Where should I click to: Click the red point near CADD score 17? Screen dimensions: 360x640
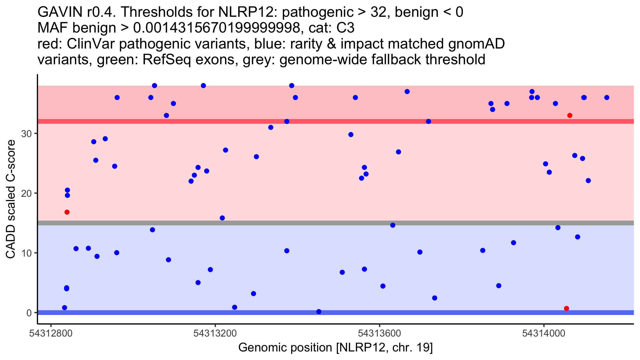pos(67,212)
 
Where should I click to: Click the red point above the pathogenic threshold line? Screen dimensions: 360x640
pos(570,115)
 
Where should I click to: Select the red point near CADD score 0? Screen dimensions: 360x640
pos(567,309)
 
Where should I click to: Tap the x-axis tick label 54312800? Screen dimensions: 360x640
pos(51,334)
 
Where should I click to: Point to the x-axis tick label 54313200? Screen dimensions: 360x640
pos(215,334)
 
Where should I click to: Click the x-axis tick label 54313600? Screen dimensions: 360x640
pos(379,334)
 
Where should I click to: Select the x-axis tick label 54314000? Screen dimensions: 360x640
pos(544,334)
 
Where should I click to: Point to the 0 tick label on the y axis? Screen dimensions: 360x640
pos(29,313)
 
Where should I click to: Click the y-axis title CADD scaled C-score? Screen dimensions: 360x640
pos(11,199)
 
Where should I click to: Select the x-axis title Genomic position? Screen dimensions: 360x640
pos(335,348)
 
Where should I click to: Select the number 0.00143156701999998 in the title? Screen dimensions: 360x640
pos(217,28)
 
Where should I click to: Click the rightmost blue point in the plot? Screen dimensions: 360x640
pos(607,98)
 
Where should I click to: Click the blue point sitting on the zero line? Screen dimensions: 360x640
pos(319,312)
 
